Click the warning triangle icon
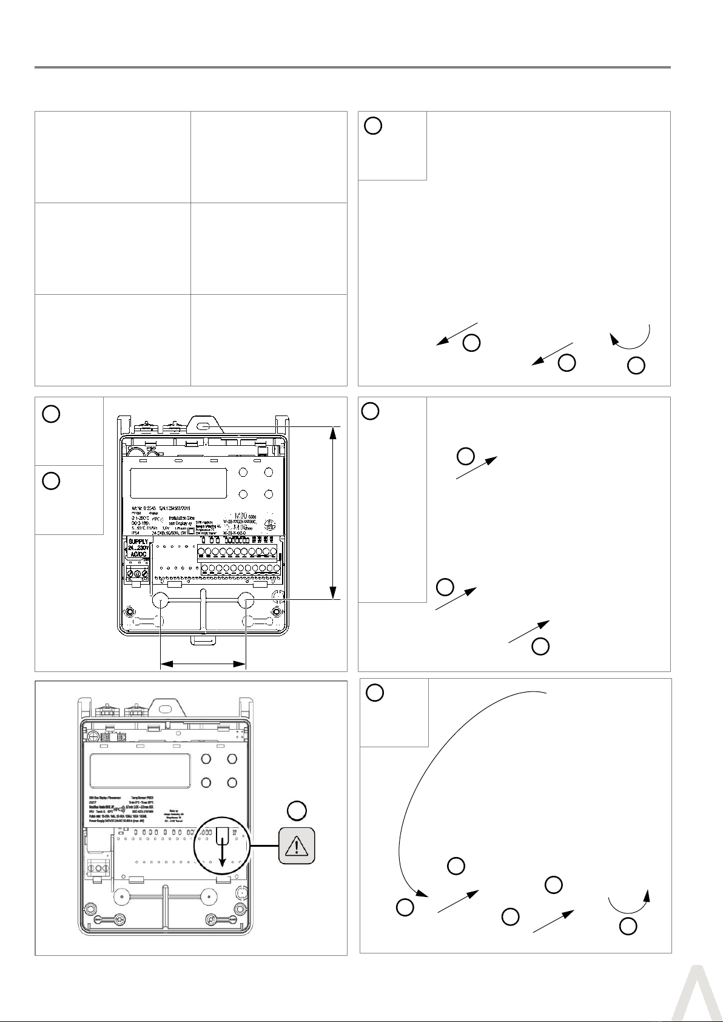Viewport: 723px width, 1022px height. pyautogui.click(x=297, y=845)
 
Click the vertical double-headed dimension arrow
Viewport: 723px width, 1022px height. pyautogui.click(x=333, y=513)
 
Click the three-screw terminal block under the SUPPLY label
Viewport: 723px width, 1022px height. pyautogui.click(x=137, y=573)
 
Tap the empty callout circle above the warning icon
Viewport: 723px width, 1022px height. pyautogui.click(x=296, y=810)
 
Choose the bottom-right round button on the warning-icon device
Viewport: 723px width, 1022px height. pyautogui.click(x=232, y=783)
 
